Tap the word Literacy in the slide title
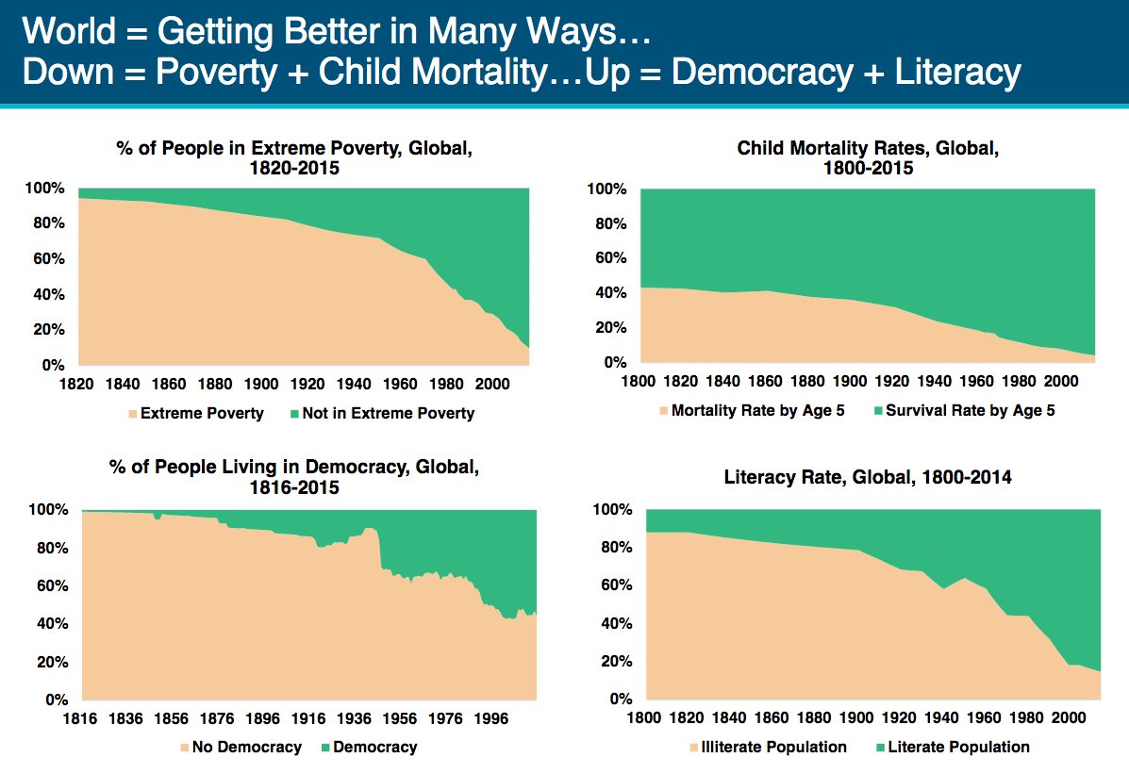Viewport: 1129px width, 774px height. (x=943, y=74)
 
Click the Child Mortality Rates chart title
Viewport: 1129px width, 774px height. (x=868, y=158)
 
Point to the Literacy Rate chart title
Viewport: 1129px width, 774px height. (x=868, y=477)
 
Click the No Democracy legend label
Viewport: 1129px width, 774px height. (x=246, y=747)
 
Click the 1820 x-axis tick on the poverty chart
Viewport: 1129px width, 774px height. (x=78, y=385)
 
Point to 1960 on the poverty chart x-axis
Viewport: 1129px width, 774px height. (x=400, y=385)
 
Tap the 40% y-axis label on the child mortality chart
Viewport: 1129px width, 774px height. (x=606, y=293)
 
